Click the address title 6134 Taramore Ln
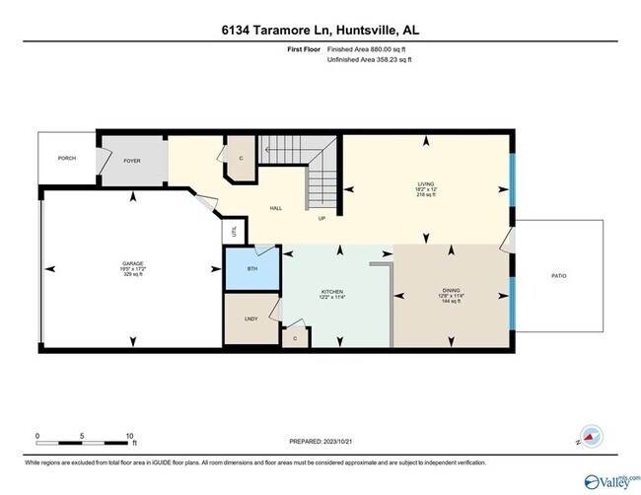(320, 31)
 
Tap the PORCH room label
(67, 158)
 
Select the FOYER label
(132, 160)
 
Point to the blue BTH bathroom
(250, 267)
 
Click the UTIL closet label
(233, 233)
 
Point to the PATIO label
(558, 275)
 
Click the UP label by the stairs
(321, 219)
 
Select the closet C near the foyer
(242, 158)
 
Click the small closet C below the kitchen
(296, 337)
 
